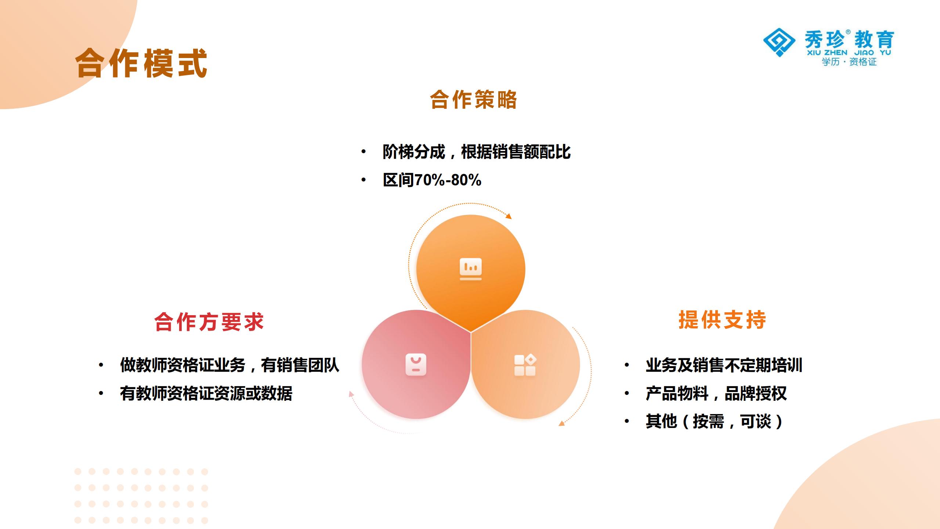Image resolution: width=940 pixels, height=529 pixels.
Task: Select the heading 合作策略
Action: (473, 100)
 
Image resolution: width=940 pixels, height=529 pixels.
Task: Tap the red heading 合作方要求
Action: (209, 322)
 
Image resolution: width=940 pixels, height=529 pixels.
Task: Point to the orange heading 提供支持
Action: (722, 319)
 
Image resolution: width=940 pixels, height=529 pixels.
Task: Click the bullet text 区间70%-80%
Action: (432, 180)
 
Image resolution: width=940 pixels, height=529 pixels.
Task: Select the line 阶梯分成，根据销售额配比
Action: (477, 152)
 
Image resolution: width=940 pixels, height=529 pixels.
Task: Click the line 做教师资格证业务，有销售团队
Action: (229, 365)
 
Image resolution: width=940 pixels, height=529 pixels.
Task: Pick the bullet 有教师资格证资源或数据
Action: (206, 393)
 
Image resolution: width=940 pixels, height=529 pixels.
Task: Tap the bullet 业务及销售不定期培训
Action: (724, 365)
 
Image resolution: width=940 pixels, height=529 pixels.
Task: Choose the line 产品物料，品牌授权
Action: (716, 393)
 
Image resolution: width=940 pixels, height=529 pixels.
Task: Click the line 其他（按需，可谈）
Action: (715, 421)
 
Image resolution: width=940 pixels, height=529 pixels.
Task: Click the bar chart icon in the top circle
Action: (471, 269)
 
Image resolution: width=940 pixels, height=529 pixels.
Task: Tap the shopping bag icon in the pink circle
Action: (416, 364)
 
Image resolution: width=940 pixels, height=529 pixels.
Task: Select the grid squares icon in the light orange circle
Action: (525, 365)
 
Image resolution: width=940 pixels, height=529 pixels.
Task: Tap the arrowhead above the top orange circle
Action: (509, 216)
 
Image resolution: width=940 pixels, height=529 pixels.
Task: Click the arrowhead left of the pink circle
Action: (351, 394)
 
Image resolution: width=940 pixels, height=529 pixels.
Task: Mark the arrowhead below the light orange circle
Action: (561, 423)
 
